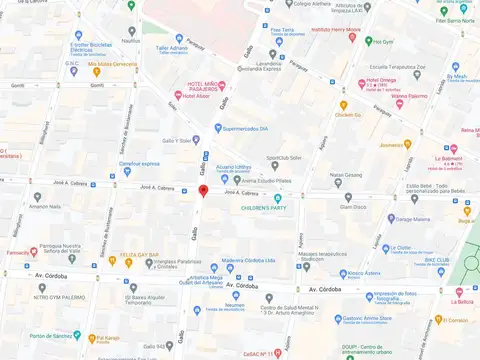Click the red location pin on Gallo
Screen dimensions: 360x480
(203, 190)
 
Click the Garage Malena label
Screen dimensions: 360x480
(412, 218)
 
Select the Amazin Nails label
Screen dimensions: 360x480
(45, 206)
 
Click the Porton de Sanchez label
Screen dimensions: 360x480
(54, 335)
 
